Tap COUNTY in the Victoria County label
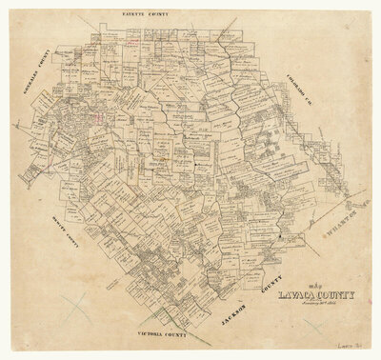(157, 339)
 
